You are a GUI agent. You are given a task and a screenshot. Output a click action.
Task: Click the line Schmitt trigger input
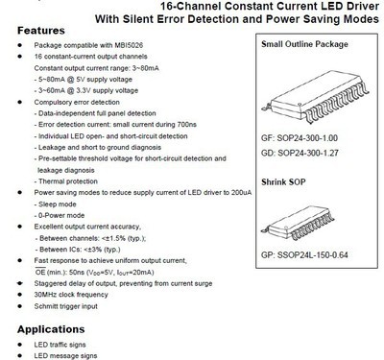tap(71, 306)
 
